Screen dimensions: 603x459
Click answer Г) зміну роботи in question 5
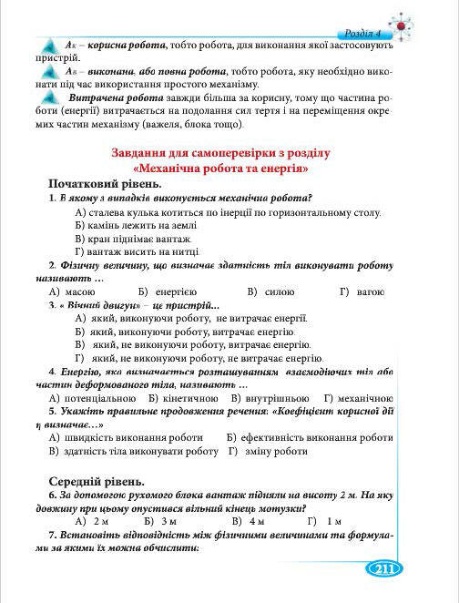click(268, 451)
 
